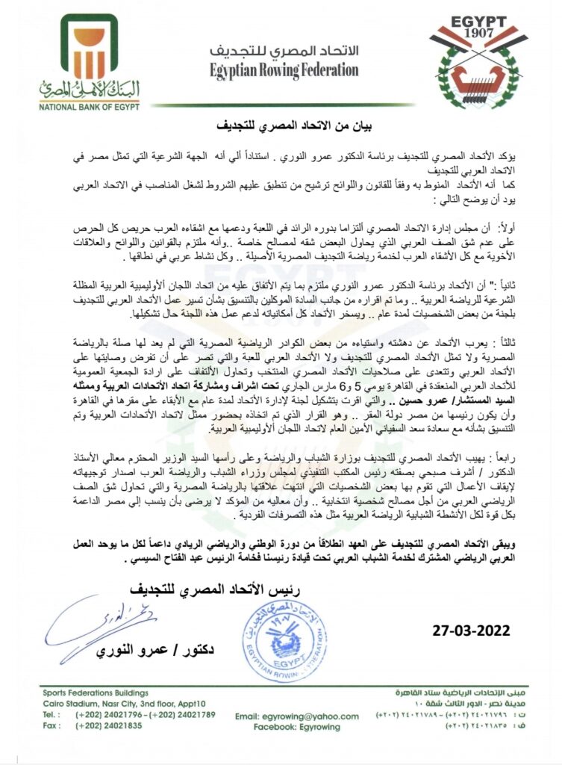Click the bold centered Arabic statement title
pyautogui.click(x=281, y=126)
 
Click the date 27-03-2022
pyautogui.click(x=472, y=630)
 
